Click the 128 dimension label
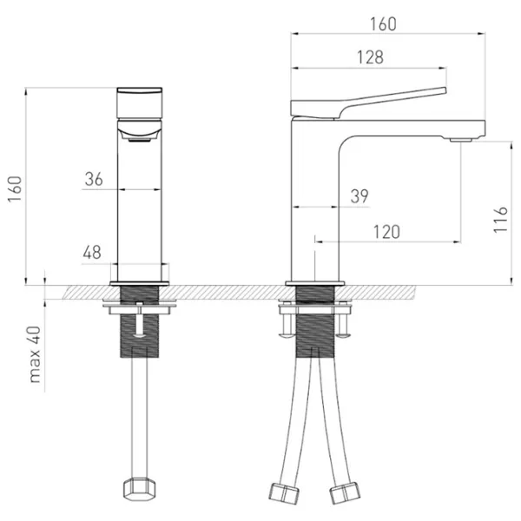pos(370,57)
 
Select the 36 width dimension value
pos(94,179)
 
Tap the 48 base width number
pos(92,253)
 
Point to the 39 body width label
pos(359,196)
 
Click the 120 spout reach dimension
pos(386,232)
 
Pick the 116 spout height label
pos(501,220)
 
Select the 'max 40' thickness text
pos(35,354)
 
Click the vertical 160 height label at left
pos(15,189)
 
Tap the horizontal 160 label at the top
pos(383,24)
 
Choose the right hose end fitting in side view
pos(345,492)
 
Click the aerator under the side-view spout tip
pos(461,140)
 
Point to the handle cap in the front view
pos(140,103)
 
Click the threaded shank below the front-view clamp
pos(140,336)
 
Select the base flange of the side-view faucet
pos(315,283)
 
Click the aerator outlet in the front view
pos(140,140)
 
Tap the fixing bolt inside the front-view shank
pos(140,320)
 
